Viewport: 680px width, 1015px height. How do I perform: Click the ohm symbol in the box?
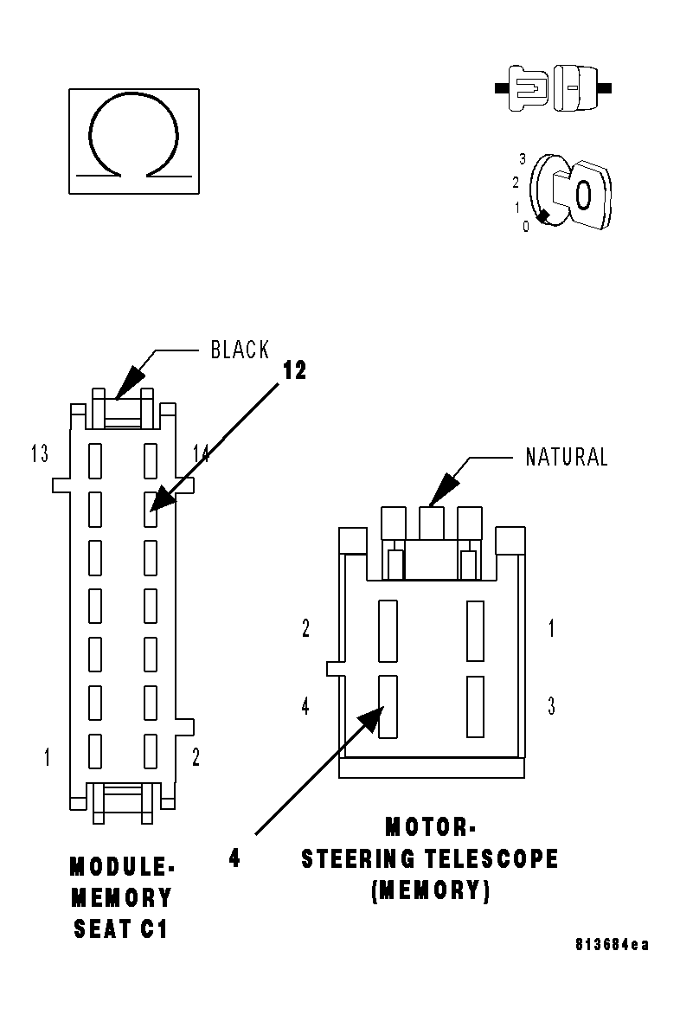point(134,140)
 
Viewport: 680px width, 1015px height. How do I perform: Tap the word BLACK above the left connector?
point(240,350)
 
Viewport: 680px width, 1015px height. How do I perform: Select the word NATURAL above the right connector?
point(567,457)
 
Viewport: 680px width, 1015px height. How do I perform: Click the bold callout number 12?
point(294,370)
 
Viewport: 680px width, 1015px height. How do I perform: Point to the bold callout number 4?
point(234,859)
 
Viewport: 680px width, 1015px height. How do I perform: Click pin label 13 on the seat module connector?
point(39,453)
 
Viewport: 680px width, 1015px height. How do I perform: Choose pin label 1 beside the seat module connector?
point(47,757)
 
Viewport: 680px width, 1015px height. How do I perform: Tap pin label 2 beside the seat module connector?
point(196,757)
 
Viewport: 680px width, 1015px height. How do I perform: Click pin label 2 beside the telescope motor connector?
point(305,628)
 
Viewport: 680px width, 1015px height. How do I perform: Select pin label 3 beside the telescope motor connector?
point(551,706)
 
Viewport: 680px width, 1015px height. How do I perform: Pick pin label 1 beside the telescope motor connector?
point(551,628)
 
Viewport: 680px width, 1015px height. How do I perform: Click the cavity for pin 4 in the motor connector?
point(388,706)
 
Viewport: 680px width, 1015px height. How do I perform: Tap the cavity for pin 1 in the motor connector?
point(475,630)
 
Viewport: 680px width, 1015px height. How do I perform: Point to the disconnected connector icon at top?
point(554,87)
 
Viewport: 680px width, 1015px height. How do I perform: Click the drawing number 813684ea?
point(612,944)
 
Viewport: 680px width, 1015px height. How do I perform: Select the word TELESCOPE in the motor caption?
point(491,859)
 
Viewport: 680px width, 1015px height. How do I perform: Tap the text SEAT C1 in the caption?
point(120,929)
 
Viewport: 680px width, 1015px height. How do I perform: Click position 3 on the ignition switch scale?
point(523,158)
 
